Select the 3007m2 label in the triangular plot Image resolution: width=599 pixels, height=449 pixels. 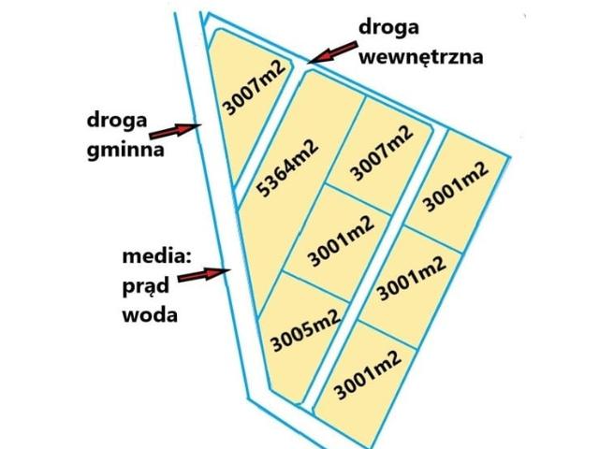click(245, 86)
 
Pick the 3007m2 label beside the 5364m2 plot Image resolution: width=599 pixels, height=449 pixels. click(381, 153)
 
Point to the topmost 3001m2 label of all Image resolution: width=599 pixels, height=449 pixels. click(456, 185)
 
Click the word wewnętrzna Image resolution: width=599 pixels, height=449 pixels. click(421, 56)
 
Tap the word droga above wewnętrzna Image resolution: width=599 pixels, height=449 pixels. click(388, 25)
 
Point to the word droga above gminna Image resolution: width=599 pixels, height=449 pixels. click(117, 120)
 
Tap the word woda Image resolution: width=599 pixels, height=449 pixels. click(150, 314)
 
